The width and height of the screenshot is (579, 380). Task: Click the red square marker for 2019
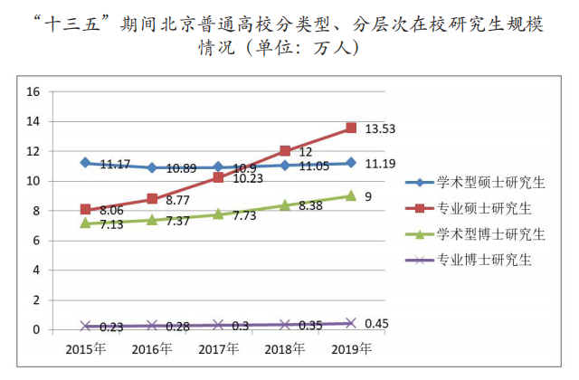352,128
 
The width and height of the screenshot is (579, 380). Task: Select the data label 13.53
380,129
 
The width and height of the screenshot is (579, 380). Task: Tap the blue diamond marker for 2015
85,163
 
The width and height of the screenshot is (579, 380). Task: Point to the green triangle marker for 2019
352,195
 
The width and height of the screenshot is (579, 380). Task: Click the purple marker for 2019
352,323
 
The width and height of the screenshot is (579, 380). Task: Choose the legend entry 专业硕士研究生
483,209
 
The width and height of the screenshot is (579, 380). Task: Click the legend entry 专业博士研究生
483,261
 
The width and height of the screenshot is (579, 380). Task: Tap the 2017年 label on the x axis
218,348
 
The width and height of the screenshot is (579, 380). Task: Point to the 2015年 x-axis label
85,348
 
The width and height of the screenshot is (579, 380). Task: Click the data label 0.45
376,323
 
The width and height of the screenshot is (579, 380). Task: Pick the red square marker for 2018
285,151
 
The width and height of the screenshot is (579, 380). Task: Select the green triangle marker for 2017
218,214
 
